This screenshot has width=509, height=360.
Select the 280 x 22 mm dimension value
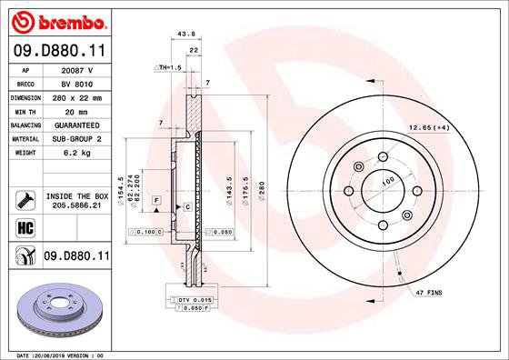coord(76,96)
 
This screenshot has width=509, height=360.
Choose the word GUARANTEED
coord(76,125)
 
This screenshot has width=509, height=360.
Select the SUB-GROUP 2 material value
coord(76,139)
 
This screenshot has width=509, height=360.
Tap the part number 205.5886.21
coord(76,206)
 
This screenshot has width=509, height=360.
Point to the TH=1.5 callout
coord(170,67)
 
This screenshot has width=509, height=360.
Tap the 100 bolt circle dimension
coord(388,183)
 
